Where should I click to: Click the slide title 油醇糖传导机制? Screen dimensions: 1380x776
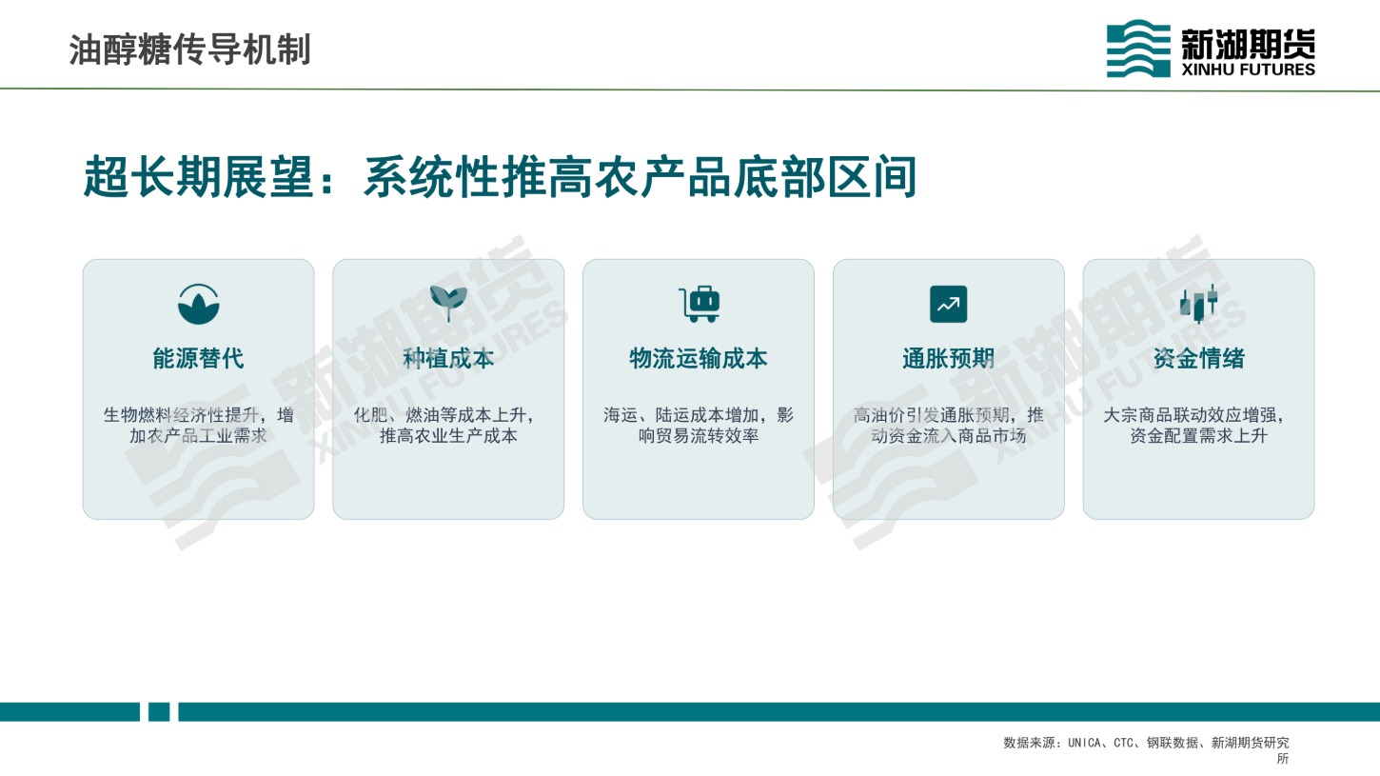[189, 50]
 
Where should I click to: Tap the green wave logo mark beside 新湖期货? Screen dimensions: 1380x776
[1138, 48]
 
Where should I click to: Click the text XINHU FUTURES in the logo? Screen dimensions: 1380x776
[1248, 70]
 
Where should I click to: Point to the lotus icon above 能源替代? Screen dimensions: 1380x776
[198, 304]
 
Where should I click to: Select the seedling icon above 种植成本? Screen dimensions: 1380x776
[448, 303]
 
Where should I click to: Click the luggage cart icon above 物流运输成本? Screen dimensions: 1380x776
[700, 304]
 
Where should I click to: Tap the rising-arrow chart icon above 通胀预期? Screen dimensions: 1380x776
[948, 304]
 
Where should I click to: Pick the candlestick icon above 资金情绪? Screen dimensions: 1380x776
[1199, 304]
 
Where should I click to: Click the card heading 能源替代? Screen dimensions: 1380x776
[198, 358]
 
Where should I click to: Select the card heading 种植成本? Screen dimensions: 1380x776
[448, 358]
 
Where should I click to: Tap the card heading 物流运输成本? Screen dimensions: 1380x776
[699, 358]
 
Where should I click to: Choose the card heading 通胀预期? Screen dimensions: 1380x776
[949, 358]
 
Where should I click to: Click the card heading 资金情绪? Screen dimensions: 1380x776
[1199, 358]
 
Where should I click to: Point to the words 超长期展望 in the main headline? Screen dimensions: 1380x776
[199, 177]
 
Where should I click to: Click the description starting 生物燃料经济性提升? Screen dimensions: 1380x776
[198, 426]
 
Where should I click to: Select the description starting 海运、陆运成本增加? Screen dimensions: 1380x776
[699, 426]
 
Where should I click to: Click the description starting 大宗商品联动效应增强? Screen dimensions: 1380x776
[1195, 426]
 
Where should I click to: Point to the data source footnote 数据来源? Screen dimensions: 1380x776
[1147, 749]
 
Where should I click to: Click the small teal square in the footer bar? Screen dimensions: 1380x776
[159, 712]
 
